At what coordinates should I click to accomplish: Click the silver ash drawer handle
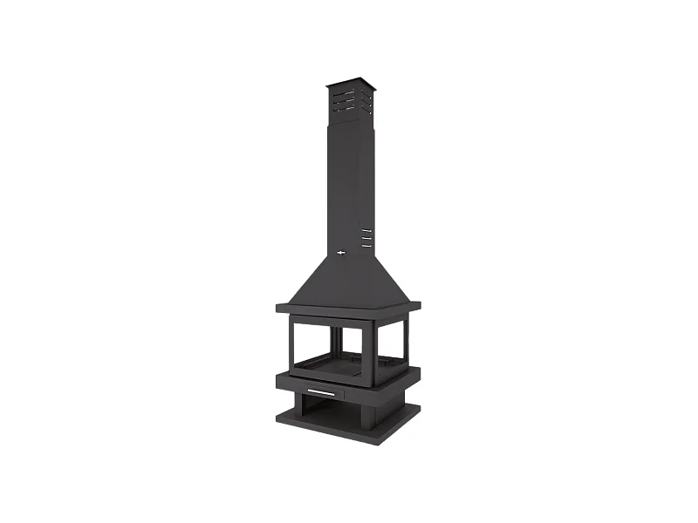click(x=320, y=393)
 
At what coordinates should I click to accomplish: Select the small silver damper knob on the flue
click(x=341, y=253)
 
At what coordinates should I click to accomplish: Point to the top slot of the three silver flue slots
click(x=366, y=230)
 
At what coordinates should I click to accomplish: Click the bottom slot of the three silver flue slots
click(x=366, y=246)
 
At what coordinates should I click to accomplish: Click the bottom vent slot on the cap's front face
click(x=344, y=109)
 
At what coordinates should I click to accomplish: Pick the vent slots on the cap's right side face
click(x=367, y=103)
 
